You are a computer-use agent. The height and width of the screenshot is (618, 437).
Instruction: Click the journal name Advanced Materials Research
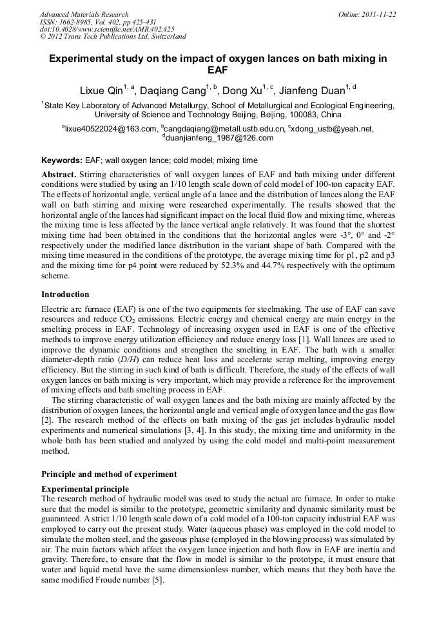(84, 14)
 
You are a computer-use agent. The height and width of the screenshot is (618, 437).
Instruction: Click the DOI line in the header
(107, 30)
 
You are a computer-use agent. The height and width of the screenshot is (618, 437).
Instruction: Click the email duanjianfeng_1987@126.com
(219, 138)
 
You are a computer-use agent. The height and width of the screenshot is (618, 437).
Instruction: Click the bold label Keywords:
(62, 160)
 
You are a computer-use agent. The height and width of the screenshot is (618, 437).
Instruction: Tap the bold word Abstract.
(59, 175)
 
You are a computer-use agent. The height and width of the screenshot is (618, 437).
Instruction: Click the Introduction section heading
(65, 294)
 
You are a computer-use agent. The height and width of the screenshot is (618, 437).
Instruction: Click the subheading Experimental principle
(84, 489)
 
